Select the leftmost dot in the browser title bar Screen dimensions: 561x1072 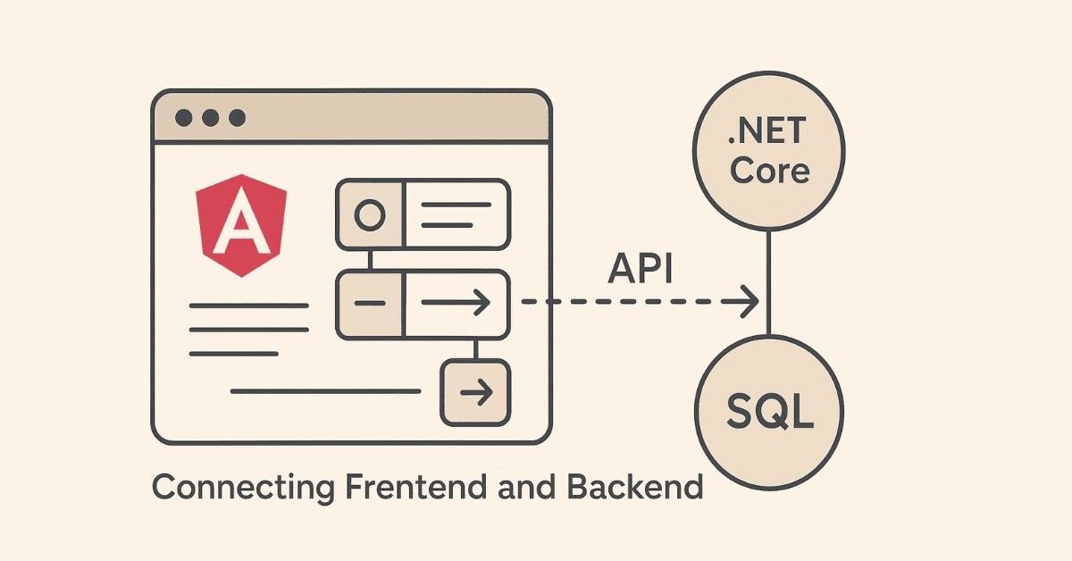183,118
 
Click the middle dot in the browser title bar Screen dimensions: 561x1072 210,118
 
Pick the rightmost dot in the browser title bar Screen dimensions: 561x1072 237,118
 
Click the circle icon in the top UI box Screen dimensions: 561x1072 369,214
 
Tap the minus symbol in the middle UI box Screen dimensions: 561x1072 369,304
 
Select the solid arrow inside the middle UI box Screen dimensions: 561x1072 456,304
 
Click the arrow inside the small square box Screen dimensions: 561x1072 475,391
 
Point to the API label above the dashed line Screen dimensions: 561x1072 640,269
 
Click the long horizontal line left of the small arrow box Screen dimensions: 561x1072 325,391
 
